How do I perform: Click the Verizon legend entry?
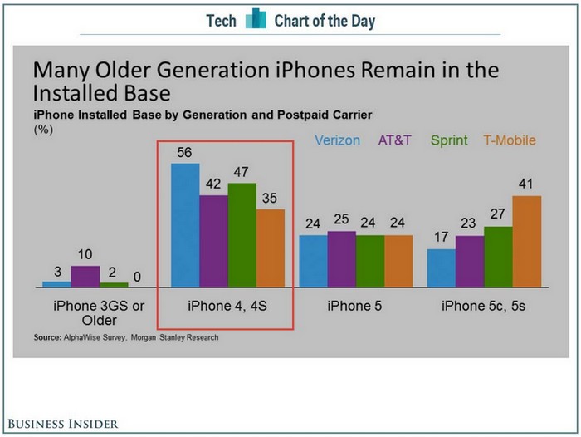[338, 140]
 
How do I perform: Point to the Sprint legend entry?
[449, 140]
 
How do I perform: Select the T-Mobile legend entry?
[510, 140]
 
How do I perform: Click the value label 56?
[185, 153]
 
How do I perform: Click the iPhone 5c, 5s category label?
[484, 306]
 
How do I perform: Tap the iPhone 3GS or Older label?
[99, 313]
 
